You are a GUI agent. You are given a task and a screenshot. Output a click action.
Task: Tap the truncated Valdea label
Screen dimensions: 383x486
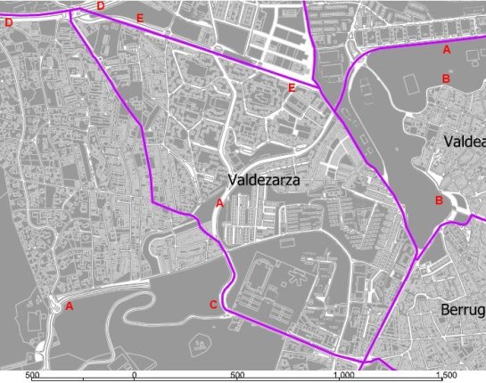464,142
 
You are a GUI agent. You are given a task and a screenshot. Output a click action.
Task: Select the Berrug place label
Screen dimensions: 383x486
463,310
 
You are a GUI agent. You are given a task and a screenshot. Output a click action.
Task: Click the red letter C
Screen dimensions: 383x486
213,306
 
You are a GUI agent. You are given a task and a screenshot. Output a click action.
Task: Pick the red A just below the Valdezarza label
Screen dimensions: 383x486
219,203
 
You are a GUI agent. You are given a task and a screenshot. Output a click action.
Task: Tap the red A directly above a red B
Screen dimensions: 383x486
447,50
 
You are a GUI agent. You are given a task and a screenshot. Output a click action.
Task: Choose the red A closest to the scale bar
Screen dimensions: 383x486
69,306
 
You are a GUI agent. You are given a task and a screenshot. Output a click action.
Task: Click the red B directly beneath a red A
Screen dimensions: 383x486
446,79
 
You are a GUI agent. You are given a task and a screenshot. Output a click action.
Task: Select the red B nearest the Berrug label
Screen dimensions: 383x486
439,200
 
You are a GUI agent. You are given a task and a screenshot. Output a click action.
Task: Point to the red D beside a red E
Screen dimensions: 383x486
101,6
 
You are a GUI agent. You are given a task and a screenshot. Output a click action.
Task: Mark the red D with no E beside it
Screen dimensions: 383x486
9,23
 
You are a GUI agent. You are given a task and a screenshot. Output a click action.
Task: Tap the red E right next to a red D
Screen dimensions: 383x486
140,18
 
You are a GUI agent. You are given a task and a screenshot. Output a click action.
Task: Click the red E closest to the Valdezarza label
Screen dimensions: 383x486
292,87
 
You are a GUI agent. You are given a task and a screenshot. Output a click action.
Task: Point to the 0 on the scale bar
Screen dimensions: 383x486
134,376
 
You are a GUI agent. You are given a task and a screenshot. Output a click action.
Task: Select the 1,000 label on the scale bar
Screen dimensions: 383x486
341,376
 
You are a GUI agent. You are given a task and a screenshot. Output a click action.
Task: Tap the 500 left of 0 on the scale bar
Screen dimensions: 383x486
34,376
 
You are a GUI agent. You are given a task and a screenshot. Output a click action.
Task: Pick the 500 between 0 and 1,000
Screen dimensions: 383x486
237,376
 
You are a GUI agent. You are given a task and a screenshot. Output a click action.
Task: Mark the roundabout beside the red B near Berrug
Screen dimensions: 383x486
461,207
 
